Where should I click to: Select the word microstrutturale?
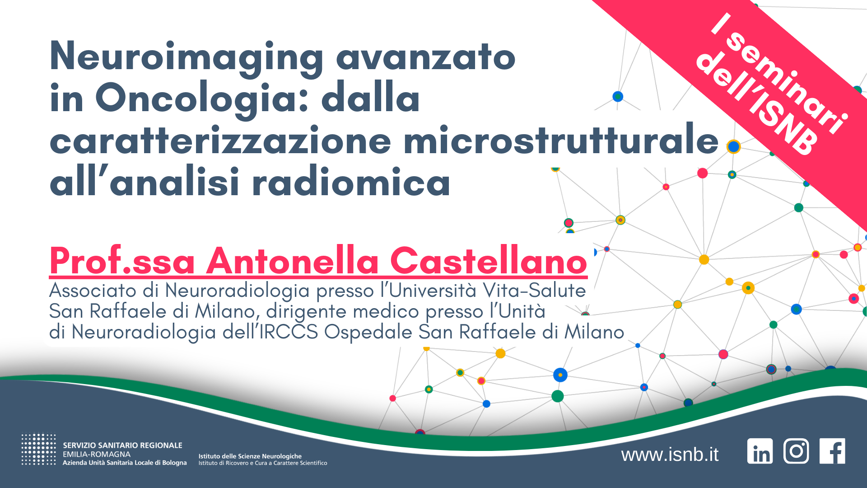[x=561, y=140]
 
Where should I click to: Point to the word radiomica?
[x=351, y=182]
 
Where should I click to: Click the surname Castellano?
[x=489, y=261]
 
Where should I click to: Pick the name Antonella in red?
[x=293, y=261]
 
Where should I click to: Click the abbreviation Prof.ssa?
[x=122, y=261]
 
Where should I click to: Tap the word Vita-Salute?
[x=534, y=290]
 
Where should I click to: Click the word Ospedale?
[x=368, y=333]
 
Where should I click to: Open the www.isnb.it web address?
[x=670, y=455]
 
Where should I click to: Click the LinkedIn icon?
[x=760, y=451]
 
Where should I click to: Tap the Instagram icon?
[x=796, y=451]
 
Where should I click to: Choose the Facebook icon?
[x=832, y=451]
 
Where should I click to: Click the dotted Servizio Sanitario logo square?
[x=39, y=449]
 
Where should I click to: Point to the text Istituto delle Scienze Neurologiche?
[x=250, y=456]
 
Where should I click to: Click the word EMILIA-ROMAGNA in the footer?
[x=97, y=454]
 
